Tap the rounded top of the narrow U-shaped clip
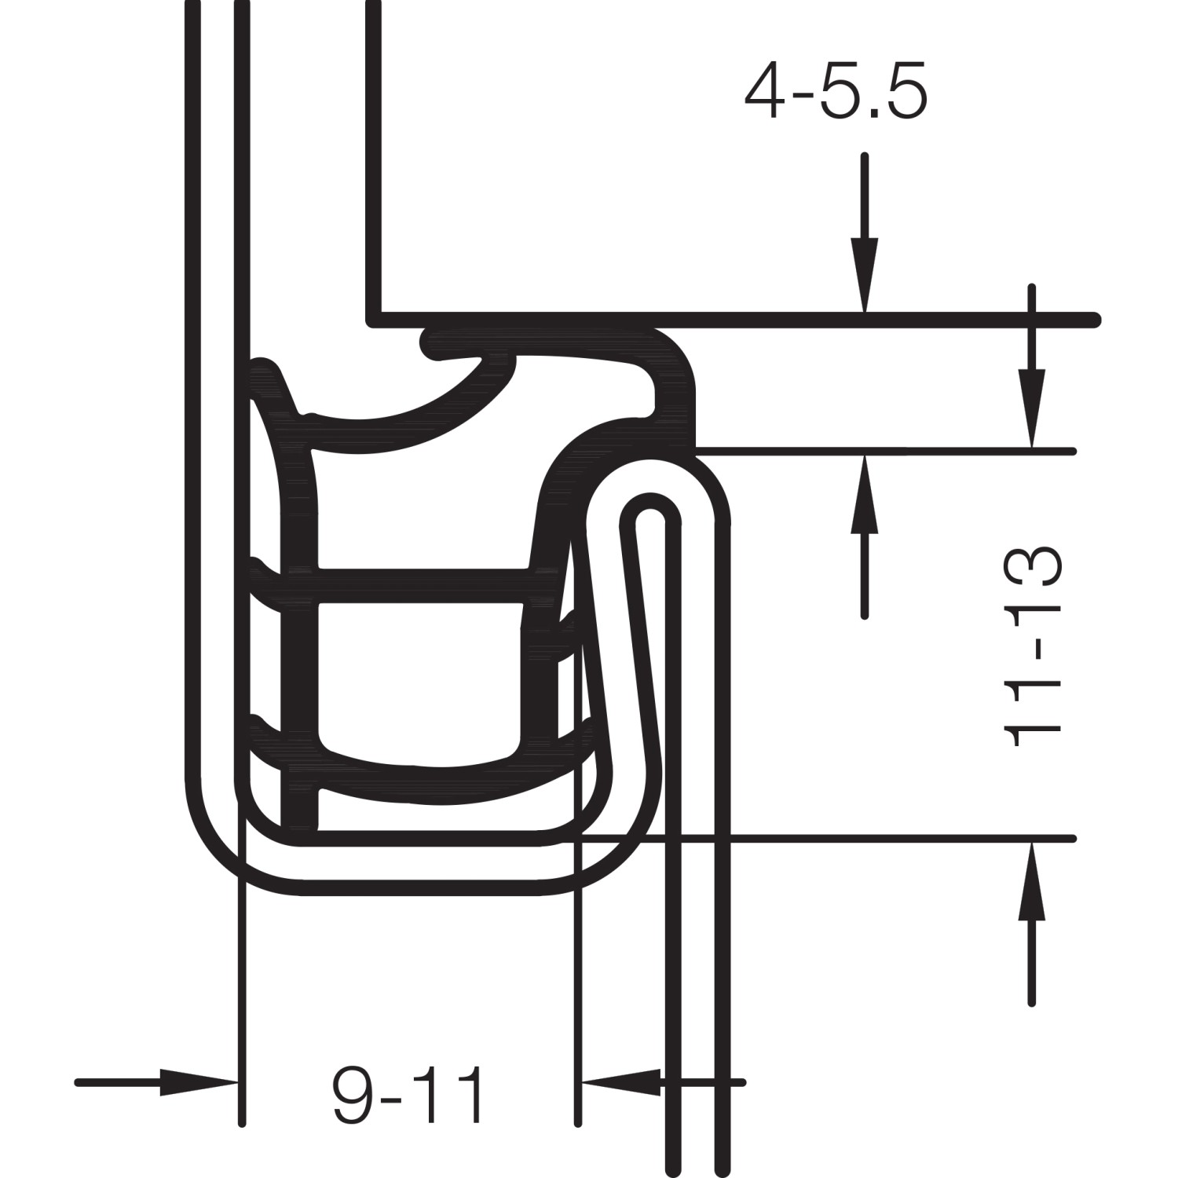tap(649, 503)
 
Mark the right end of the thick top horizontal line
tap(1094, 320)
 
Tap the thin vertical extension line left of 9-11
tap(242, 1021)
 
